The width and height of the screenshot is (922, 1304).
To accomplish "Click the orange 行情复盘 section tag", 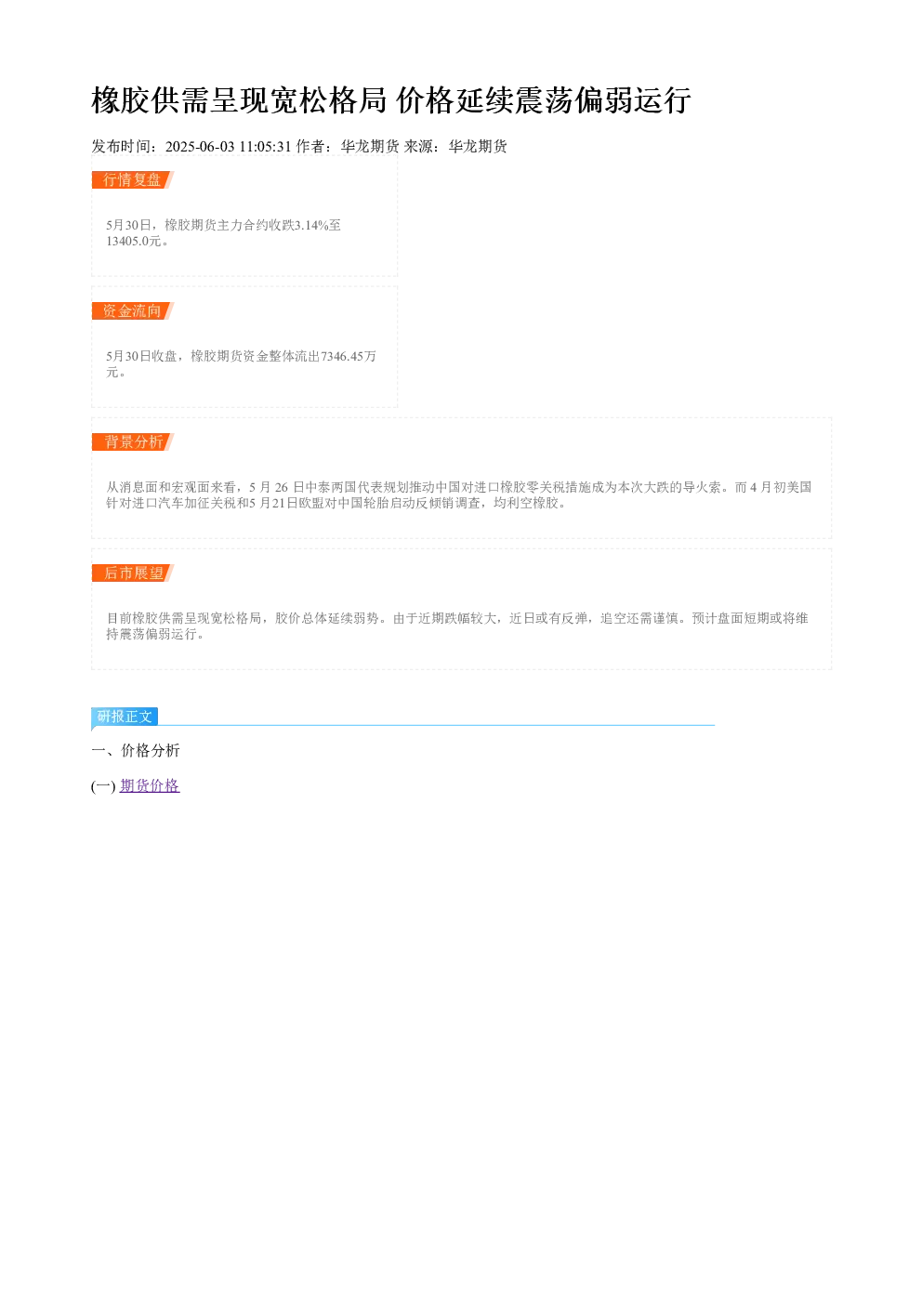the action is point(133,180).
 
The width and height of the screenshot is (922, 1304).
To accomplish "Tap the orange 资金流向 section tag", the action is point(133,310).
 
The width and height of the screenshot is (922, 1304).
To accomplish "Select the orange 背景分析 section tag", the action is point(133,441).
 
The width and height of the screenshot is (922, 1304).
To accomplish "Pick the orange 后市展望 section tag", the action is point(133,573).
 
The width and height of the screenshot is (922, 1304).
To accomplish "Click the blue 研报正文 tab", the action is point(125,717).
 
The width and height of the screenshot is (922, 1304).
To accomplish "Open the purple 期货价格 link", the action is point(150,786).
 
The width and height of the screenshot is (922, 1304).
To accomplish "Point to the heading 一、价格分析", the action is point(136,750).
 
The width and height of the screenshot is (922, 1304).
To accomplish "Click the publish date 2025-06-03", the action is point(200,146).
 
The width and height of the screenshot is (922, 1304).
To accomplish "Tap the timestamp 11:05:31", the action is point(265,146).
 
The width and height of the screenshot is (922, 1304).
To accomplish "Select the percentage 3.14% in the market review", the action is point(311,225).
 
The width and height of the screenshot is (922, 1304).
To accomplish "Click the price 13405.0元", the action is point(133,241).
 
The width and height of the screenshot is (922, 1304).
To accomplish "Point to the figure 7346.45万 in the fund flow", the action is point(349,356).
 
